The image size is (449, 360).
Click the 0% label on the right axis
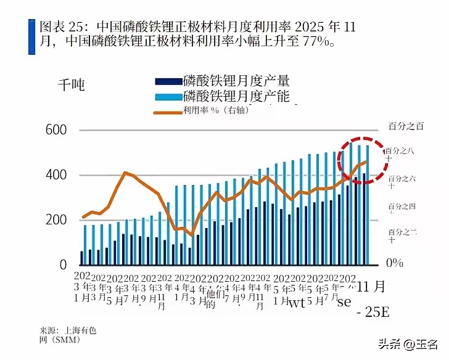394,263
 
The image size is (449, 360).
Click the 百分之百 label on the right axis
406,126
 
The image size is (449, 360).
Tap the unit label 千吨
71,85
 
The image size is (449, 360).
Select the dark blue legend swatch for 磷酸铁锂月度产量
167,81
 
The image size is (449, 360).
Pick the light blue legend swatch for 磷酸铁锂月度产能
167,96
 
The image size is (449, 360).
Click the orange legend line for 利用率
167,112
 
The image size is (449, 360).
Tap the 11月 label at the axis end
372,287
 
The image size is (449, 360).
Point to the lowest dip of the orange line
192,235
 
